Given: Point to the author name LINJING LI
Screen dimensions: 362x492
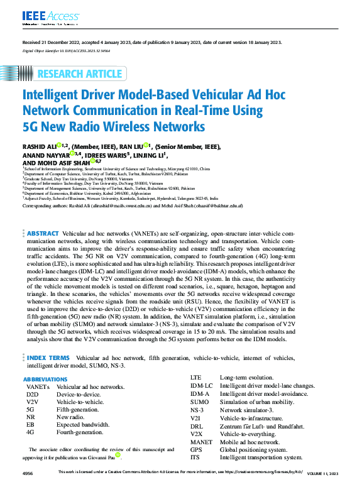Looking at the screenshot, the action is (x=150, y=154).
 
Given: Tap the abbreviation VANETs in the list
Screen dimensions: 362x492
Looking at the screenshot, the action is (x=36, y=387).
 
